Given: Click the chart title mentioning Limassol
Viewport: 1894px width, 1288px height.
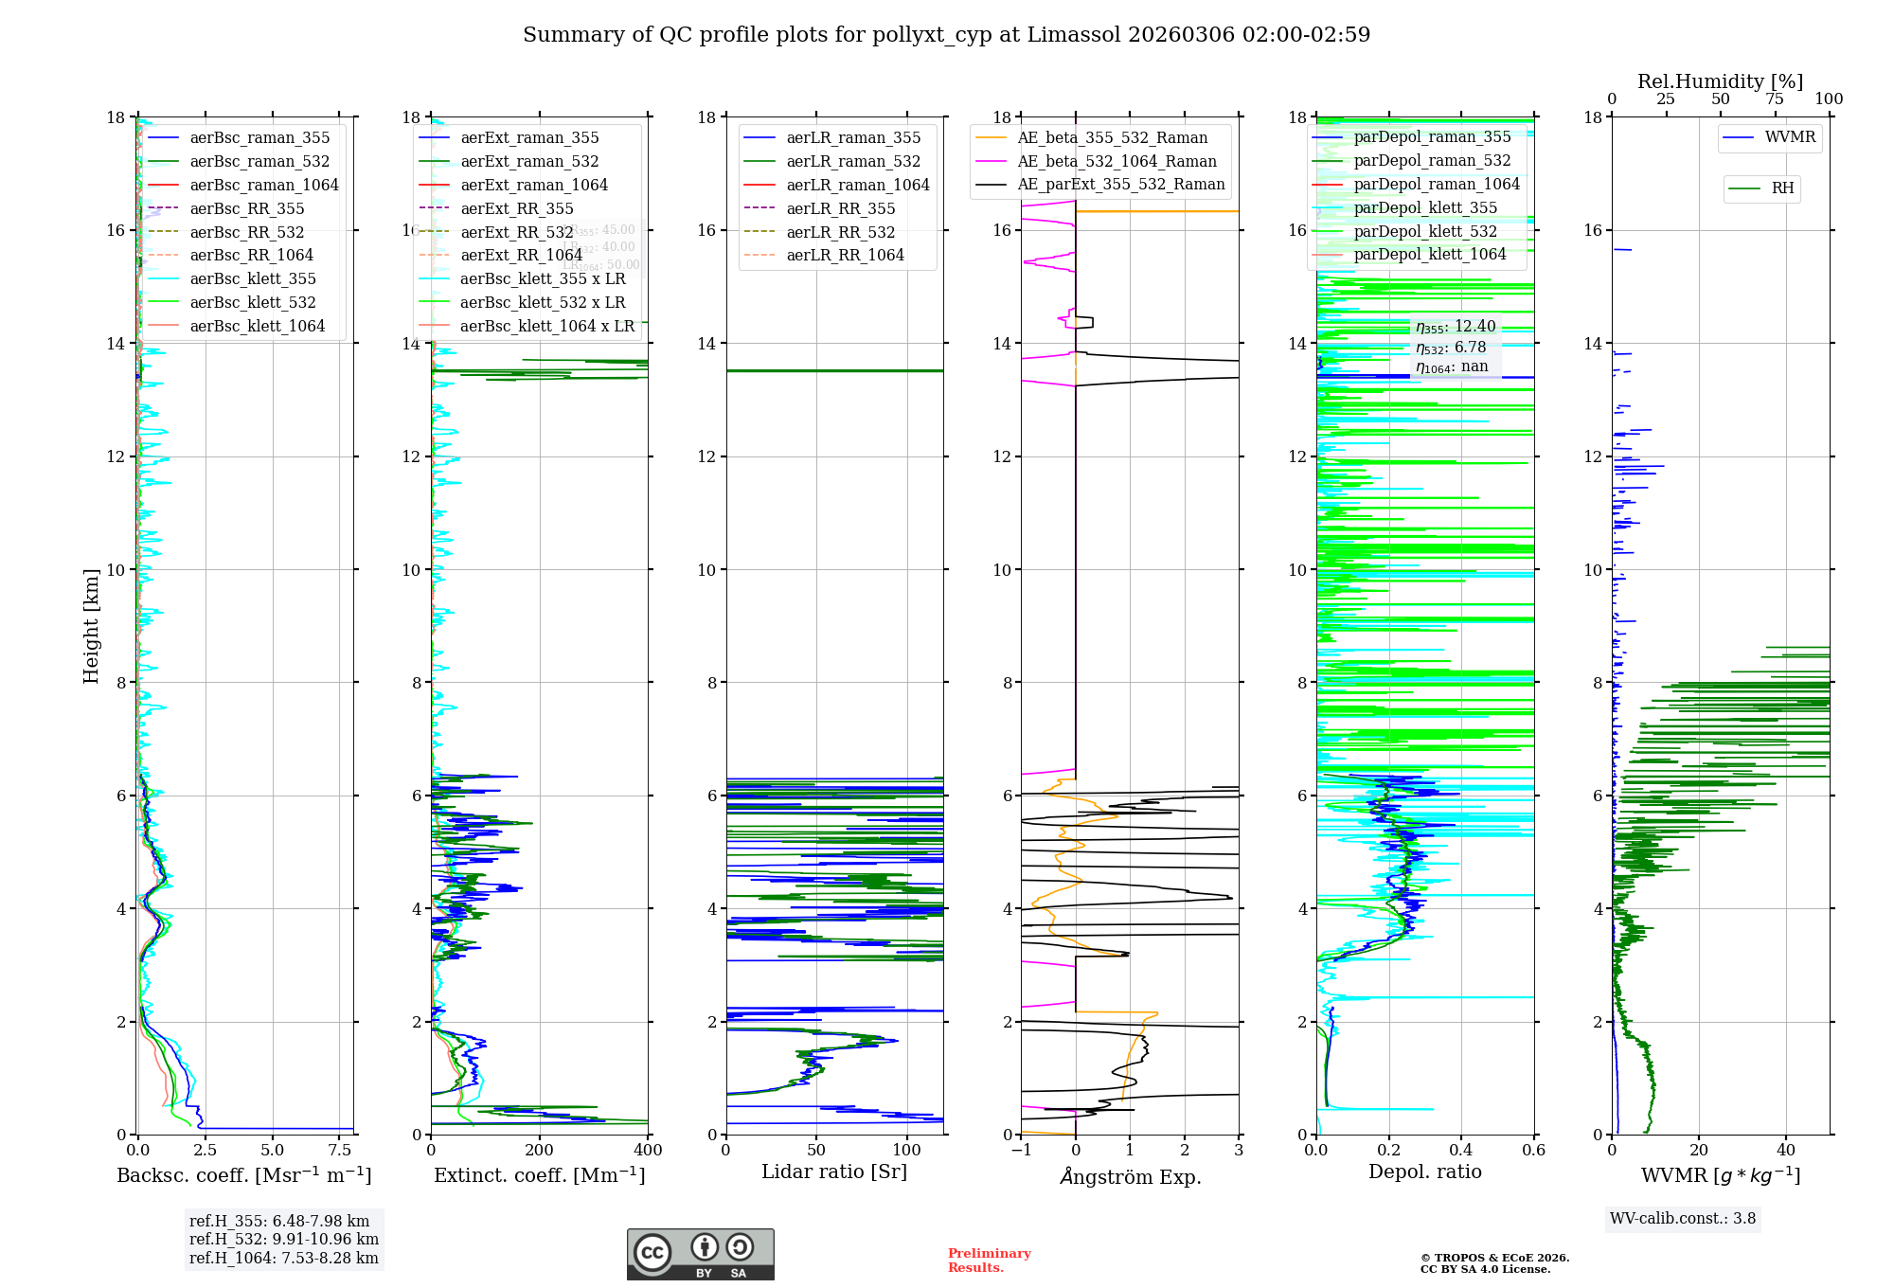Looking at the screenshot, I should click(x=946, y=35).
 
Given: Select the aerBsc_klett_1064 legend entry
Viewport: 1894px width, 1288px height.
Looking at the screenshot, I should click(x=257, y=326).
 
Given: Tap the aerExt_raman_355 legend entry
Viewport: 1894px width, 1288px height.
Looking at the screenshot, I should click(x=529, y=138).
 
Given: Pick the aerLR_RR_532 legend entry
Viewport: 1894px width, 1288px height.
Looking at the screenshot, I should click(x=840, y=232).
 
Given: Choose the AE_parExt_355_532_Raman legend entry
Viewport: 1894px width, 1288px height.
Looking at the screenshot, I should click(x=1120, y=185).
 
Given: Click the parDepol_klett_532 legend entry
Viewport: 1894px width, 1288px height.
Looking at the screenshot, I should click(x=1425, y=231).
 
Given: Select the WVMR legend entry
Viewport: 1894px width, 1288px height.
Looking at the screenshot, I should click(x=1790, y=137).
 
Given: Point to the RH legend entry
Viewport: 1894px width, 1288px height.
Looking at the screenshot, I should click(x=1782, y=188).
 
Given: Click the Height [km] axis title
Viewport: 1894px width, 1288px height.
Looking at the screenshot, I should click(x=91, y=625).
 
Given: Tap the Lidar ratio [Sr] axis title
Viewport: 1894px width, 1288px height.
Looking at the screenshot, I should click(x=834, y=1172).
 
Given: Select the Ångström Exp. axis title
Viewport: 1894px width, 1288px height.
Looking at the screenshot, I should click(x=1130, y=1176).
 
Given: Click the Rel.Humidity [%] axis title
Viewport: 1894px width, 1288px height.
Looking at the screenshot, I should click(x=1720, y=81).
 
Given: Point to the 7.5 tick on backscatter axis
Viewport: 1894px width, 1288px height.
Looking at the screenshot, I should click(x=340, y=1151).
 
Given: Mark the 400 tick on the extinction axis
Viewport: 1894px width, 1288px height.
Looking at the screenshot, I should click(x=648, y=1151).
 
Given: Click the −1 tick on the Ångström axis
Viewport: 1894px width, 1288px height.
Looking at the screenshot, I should click(x=1021, y=1151).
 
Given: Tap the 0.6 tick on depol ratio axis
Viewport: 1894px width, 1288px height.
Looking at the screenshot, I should click(x=1533, y=1151).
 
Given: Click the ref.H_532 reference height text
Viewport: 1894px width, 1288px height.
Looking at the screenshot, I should click(x=283, y=1240).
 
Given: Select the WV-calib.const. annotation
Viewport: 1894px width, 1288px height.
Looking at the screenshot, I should click(x=1683, y=1219).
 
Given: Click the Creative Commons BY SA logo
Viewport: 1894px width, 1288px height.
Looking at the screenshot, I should click(x=700, y=1254).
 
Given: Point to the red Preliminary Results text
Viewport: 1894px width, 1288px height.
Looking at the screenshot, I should click(x=989, y=1261).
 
